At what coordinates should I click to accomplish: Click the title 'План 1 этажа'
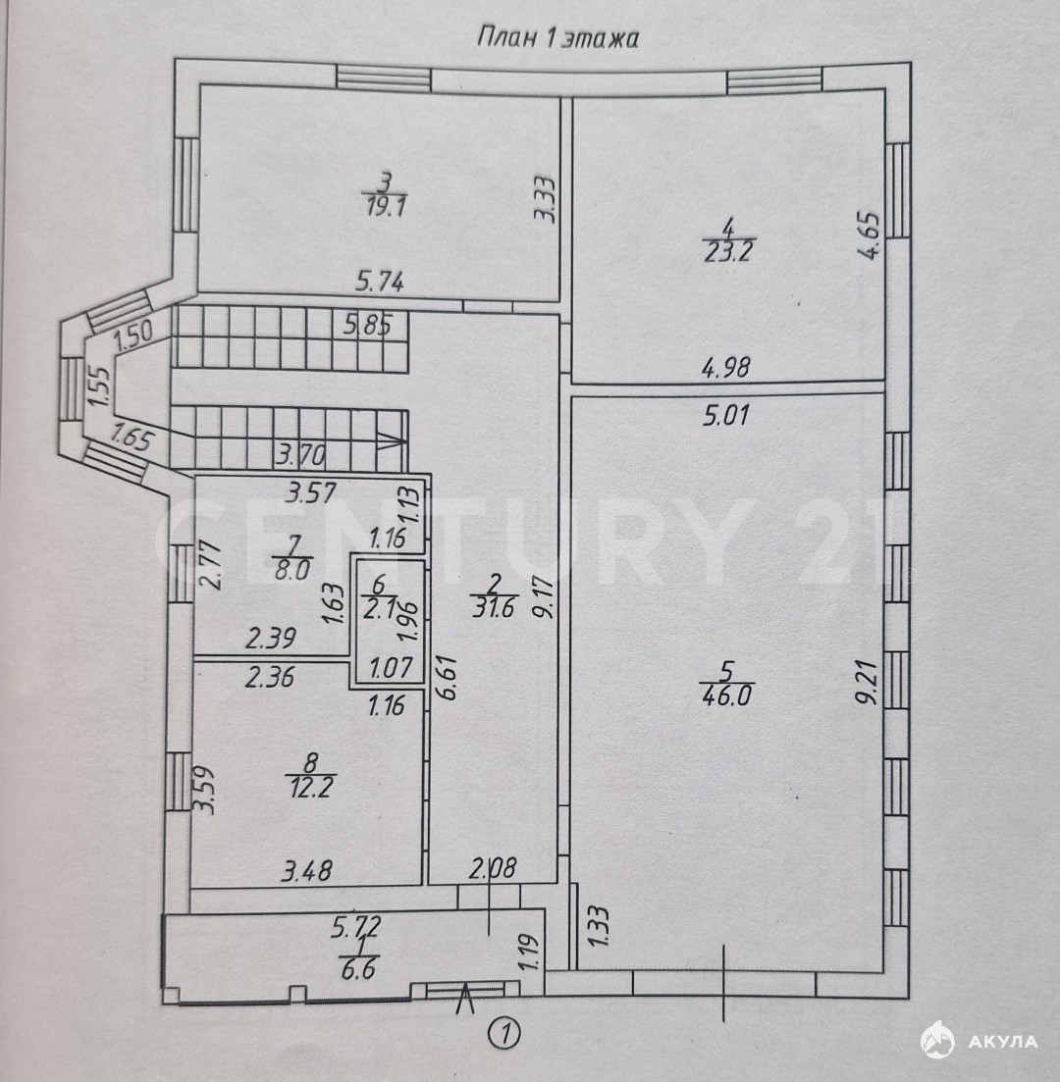point(557,38)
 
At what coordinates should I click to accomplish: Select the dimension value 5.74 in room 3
point(381,283)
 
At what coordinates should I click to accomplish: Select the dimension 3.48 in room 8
point(306,869)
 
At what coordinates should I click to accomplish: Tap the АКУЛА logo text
point(1004,1041)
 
